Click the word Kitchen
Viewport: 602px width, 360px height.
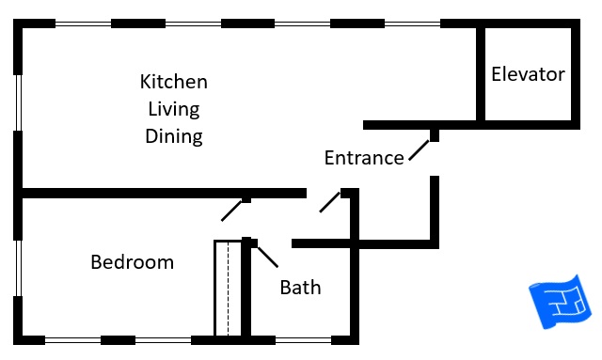pos(173,81)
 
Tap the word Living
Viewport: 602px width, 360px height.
pos(173,108)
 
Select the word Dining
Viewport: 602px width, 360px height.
pos(173,136)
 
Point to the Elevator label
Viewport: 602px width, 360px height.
pos(528,74)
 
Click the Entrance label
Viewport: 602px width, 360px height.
pos(363,158)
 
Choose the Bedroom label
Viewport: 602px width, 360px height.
pos(132,262)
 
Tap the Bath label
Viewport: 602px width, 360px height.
pos(300,288)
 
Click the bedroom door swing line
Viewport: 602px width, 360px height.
pos(233,210)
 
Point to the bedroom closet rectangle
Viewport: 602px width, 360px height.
pos(228,288)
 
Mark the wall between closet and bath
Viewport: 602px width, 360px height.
pos(246,291)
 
